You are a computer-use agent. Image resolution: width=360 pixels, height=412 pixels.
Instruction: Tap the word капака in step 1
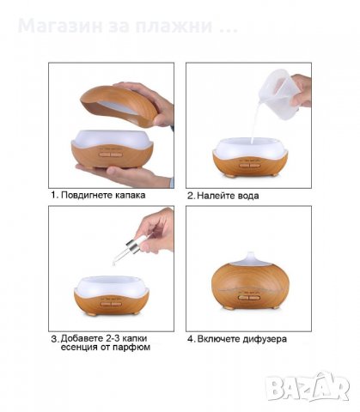pyautogui.click(x=131, y=196)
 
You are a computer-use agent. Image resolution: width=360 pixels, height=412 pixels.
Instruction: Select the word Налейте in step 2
pyautogui.click(x=217, y=196)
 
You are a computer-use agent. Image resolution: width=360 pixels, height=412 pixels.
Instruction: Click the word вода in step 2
pyautogui.click(x=248, y=196)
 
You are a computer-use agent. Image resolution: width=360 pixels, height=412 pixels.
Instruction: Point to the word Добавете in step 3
pyautogui.click(x=82, y=338)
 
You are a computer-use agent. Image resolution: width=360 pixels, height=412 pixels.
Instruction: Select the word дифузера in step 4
pyautogui.click(x=265, y=339)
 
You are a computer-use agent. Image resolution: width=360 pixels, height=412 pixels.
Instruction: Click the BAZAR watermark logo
pyautogui.click(x=307, y=387)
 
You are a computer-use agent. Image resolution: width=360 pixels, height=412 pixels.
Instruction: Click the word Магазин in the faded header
pyautogui.click(x=60, y=26)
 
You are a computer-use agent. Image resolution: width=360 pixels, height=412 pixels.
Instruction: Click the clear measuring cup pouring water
pyautogui.click(x=276, y=88)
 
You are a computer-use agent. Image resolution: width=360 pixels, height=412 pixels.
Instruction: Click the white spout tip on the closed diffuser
pyautogui.click(x=250, y=255)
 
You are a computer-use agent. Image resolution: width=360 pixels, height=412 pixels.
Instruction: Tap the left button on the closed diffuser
pyautogui.click(x=243, y=298)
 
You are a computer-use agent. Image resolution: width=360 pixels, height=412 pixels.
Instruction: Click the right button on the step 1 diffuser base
pyautogui.click(x=116, y=154)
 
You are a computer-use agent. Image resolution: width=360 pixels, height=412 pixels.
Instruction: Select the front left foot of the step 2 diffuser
pyautogui.click(x=229, y=176)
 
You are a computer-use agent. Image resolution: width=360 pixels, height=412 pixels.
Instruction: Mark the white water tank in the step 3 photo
pyautogui.click(x=112, y=287)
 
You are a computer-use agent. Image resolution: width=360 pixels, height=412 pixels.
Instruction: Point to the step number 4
pyautogui.click(x=191, y=339)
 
